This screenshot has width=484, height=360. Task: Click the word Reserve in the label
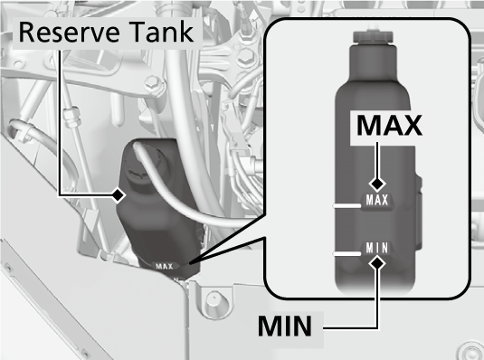click(x=69, y=32)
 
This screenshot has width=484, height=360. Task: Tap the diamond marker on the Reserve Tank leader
click(x=118, y=195)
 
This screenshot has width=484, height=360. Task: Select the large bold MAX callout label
click(x=389, y=126)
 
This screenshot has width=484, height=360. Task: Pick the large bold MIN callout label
click(x=285, y=326)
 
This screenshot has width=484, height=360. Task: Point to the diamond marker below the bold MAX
click(x=377, y=185)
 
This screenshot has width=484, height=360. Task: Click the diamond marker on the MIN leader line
click(x=377, y=263)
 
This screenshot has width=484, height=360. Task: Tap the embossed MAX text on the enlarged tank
click(x=377, y=200)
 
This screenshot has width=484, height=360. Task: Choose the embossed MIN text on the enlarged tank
click(x=377, y=248)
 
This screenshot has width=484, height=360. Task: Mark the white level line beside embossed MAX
click(x=346, y=205)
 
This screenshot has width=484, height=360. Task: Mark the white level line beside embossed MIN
click(x=346, y=253)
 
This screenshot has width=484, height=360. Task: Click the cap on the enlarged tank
click(x=374, y=36)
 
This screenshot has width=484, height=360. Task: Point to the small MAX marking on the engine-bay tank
click(x=165, y=266)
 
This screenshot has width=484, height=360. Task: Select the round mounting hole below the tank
click(x=214, y=298)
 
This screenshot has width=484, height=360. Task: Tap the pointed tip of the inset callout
click(x=189, y=263)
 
